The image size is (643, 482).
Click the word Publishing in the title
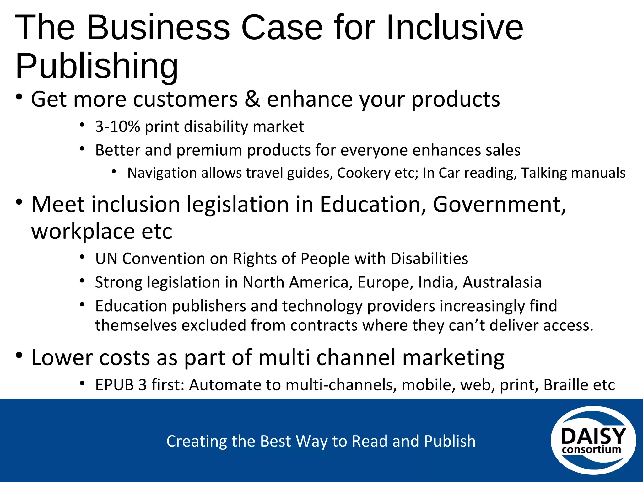[97, 66]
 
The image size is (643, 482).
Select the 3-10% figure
[117, 127]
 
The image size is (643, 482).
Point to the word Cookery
[363, 173]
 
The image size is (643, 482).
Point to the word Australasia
[502, 282]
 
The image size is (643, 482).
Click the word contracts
[324, 325]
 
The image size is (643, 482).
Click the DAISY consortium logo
[593, 440]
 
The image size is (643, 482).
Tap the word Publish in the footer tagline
[450, 441]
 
